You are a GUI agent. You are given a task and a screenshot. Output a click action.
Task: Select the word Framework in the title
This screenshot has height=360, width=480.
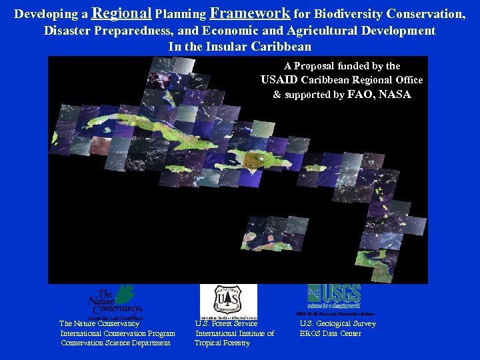click(x=250, y=13)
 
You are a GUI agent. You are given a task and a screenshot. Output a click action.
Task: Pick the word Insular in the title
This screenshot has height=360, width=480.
click(x=223, y=47)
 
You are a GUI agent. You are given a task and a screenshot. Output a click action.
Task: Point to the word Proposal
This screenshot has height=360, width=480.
click(x=322, y=66)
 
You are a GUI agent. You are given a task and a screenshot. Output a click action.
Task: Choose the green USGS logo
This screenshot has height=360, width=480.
click(x=334, y=295)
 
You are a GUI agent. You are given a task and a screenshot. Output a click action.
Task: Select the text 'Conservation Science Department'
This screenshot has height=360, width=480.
click(x=115, y=343)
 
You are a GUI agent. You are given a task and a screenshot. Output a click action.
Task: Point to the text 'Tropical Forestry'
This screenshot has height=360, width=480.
click(x=222, y=343)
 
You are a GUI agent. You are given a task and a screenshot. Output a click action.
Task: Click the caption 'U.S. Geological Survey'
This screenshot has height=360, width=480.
click(x=337, y=324)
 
